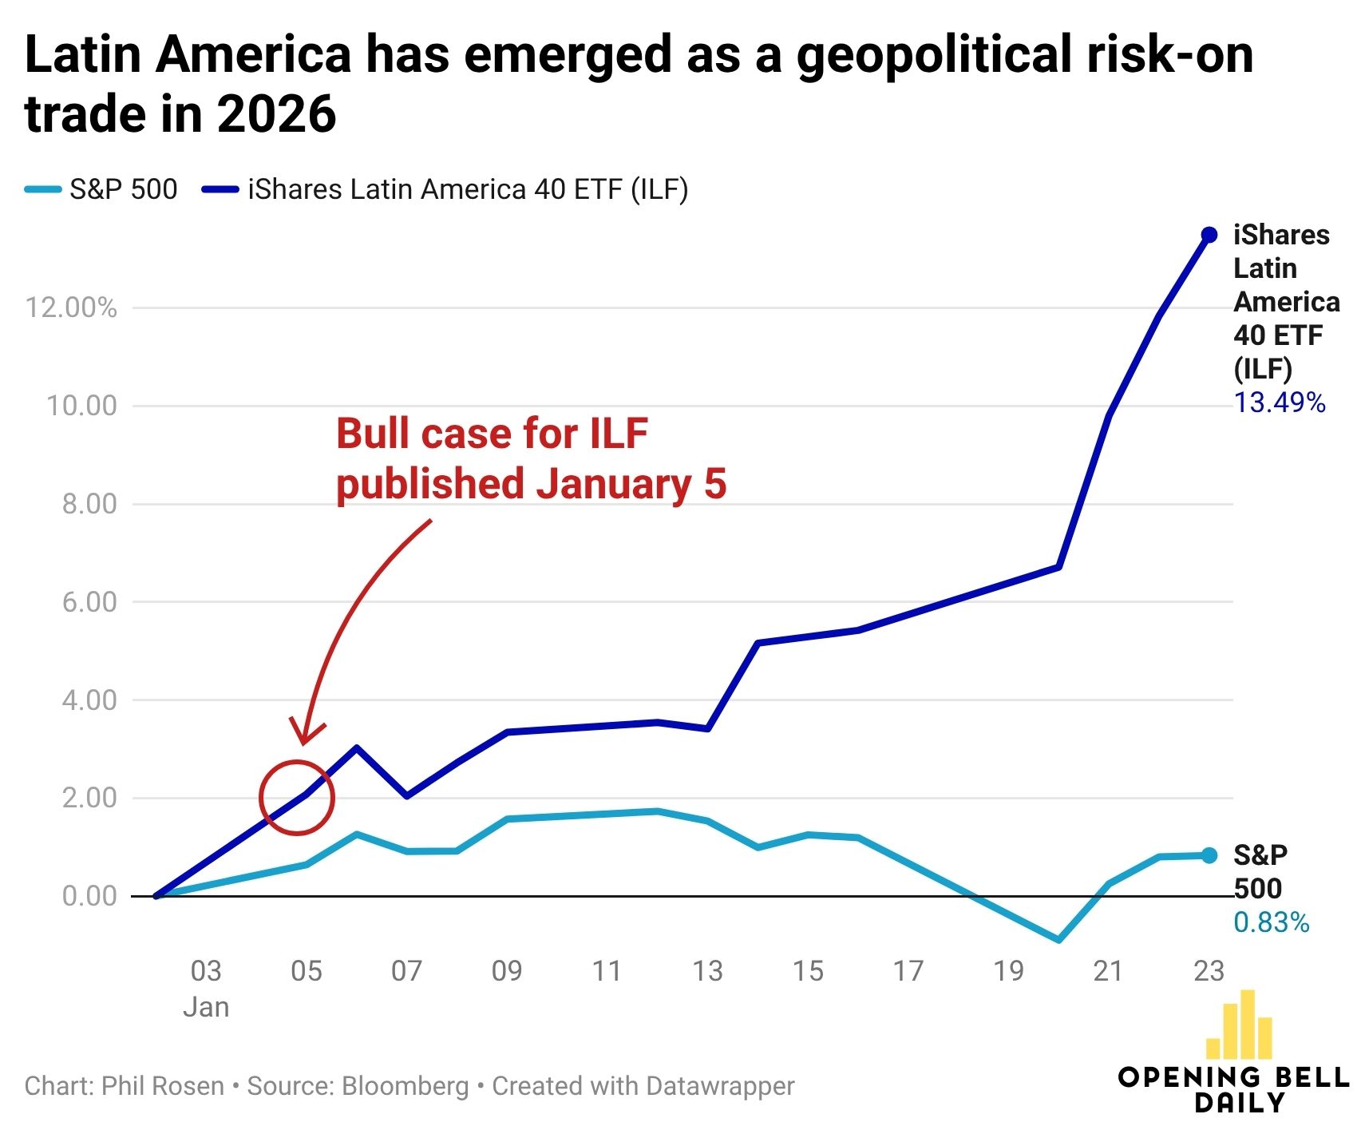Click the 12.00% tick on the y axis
[x=70, y=307]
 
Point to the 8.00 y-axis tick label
[x=89, y=504]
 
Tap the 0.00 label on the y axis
[x=89, y=896]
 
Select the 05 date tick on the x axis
[x=306, y=971]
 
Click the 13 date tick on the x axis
[x=707, y=971]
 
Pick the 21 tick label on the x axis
[x=1108, y=971]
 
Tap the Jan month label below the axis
[x=206, y=1007]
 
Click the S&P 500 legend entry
[x=101, y=189]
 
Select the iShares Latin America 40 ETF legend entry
[x=445, y=189]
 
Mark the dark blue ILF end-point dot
[x=1209, y=235]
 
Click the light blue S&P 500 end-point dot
[x=1209, y=855]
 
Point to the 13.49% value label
[x=1280, y=402]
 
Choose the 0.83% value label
[x=1271, y=923]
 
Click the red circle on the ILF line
[x=297, y=798]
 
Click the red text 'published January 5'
[x=531, y=485]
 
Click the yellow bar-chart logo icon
[x=1240, y=1026]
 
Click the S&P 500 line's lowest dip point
[x=1058, y=940]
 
